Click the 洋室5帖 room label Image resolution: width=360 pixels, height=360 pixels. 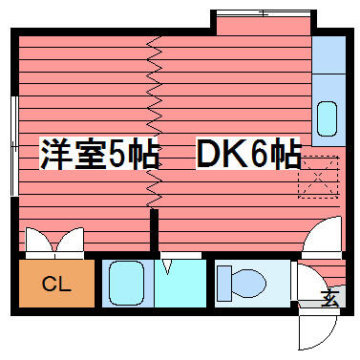coord(99,154)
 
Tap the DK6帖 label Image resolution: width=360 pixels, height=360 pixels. coord(248,153)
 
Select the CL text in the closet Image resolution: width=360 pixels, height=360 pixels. coord(56,284)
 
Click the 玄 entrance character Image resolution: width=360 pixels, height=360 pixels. coord(329,299)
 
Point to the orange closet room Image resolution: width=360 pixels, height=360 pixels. coord(56,284)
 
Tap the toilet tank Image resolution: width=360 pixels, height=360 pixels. coord(224,284)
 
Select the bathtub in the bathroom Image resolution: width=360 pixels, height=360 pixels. coord(126,284)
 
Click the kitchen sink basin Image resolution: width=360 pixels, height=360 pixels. coord(328,118)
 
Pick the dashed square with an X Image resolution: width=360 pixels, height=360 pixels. coord(318,177)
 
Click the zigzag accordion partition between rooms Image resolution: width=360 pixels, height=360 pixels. coord(155,122)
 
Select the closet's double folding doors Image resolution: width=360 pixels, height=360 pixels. coord(54,240)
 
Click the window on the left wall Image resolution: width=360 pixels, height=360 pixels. coord(14,146)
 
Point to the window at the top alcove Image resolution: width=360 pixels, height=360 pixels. coord(263,13)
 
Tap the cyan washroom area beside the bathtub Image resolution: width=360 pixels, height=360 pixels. coord(180,284)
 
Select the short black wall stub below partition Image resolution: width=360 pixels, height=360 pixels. coord(154,230)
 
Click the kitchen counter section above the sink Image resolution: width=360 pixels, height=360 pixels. coord(328,54)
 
